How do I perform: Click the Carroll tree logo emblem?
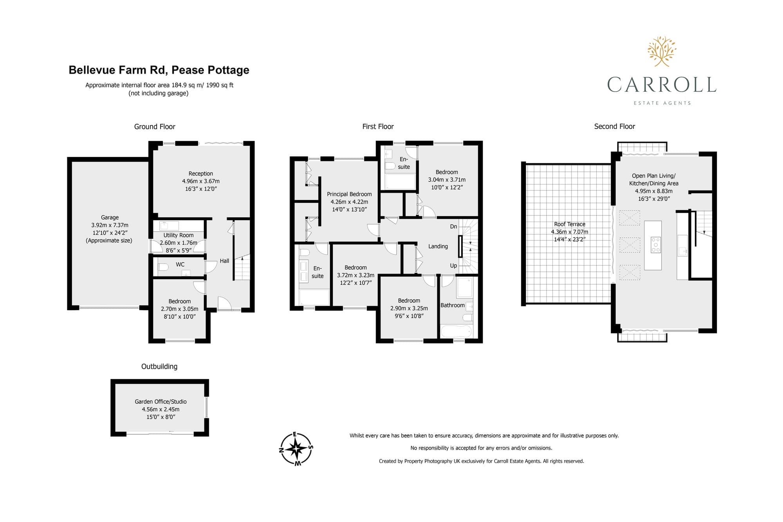point(662,51)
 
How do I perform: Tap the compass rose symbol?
point(296,449)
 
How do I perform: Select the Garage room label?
point(110,217)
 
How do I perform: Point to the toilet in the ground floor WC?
point(163,267)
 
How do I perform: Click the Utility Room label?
point(179,235)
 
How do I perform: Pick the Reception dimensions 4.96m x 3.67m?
point(201,181)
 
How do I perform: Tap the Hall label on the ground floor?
point(224,261)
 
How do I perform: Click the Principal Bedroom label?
point(349,194)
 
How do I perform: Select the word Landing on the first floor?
point(438,246)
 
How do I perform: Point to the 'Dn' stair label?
point(453,226)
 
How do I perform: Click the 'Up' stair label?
point(453,266)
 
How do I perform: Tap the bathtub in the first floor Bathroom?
point(456,332)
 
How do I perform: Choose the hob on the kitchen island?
point(655,245)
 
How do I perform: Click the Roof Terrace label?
point(570,224)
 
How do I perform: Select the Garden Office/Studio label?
point(161,401)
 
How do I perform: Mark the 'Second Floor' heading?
point(615,126)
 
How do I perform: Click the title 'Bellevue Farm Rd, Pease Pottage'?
point(159,70)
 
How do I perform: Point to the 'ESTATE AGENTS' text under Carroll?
point(662,103)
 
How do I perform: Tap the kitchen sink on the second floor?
point(682,246)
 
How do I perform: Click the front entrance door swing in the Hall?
point(224,303)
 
